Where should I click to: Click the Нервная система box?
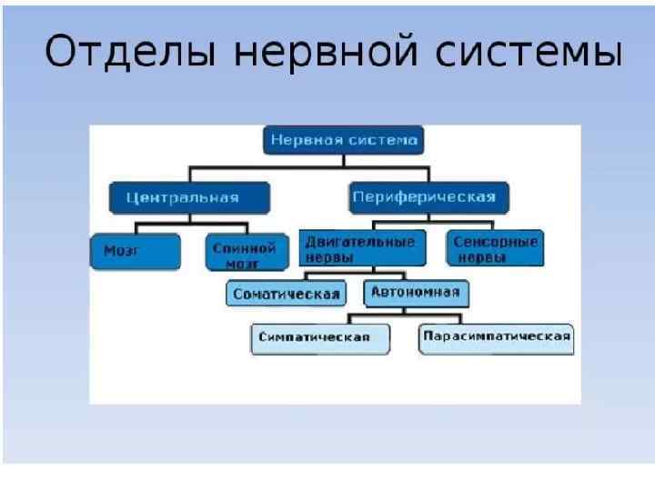[x=344, y=141]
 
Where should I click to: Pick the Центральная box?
[x=189, y=197]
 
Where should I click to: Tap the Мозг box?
[x=126, y=250]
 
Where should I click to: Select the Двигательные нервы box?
[x=362, y=248]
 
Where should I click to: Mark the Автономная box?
[x=416, y=293]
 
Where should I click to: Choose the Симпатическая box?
[x=320, y=337]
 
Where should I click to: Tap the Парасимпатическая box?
[x=496, y=337]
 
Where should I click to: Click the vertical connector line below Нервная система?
[x=344, y=160]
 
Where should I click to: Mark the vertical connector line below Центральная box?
[x=189, y=216]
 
